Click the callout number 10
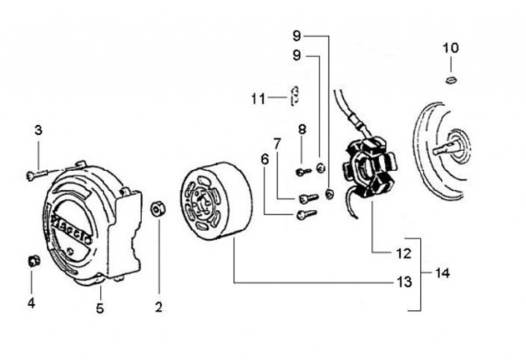pos(451,48)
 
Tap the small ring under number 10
pos(452,80)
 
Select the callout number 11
pos(259,99)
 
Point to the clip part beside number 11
pos(294,96)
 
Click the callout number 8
pos(302,129)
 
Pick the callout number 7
pos(277,144)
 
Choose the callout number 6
pos(264,159)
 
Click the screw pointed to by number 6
pos(306,214)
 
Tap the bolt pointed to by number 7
pos(308,198)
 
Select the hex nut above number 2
pos(158,210)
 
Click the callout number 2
pos(159,307)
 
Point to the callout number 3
pos(39,130)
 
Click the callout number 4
pos(31,303)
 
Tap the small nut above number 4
pos(34,261)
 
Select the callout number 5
pos(99,308)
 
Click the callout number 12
pos(403,253)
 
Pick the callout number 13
pos(404,283)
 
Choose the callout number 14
pos(442,273)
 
